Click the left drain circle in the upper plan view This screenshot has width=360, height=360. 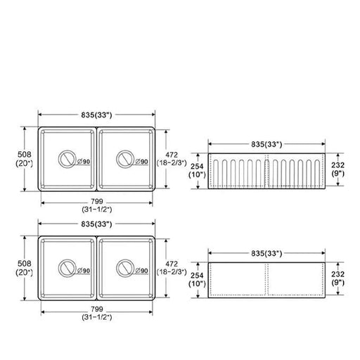67,150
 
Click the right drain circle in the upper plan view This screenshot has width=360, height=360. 125,150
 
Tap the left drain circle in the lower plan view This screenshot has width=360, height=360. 67,259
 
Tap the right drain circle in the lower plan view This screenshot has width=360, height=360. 125,259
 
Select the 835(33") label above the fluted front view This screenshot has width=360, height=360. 266,144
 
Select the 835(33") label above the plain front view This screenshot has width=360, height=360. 266,253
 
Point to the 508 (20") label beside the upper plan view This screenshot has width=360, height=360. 25,159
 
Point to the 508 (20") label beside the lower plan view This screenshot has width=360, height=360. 25,268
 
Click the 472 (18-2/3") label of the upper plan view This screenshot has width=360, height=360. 172,159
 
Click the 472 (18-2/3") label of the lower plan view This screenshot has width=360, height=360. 172,268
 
